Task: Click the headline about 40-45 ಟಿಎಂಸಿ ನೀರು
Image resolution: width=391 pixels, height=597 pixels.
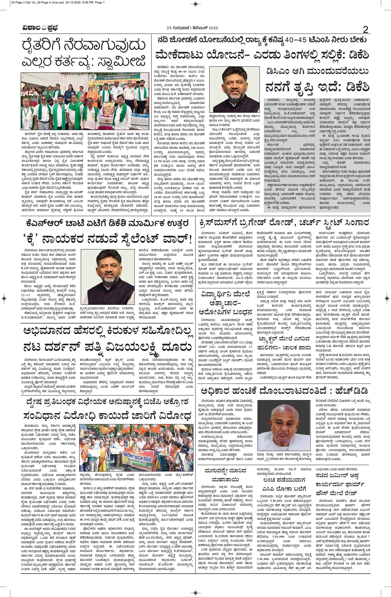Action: tap(262, 40)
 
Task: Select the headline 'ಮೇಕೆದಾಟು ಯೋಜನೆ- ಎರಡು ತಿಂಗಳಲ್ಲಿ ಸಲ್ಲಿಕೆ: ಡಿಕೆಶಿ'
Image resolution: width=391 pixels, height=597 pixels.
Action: tap(262, 54)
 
